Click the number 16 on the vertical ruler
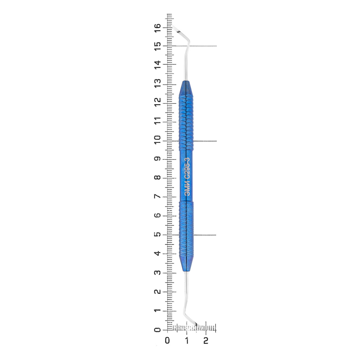[158, 28]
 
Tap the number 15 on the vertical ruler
[158, 46]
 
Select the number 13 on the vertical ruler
[158, 83]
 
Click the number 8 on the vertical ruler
[158, 177]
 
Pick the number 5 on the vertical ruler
[158, 234]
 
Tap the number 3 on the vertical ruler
[158, 272]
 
